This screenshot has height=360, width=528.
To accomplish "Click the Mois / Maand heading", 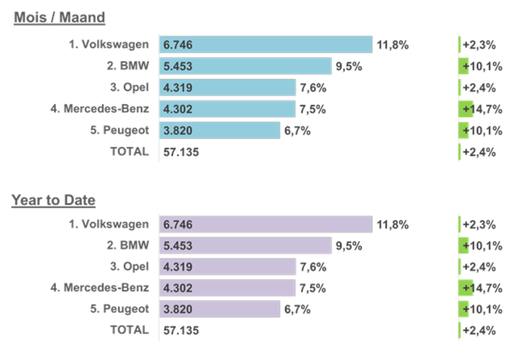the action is tap(59, 18).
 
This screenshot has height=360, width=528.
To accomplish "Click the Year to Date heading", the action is tap(53, 200).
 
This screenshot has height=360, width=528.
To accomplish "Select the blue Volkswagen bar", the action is tap(266, 45).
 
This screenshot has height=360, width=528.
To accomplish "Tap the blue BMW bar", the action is tap(245, 66).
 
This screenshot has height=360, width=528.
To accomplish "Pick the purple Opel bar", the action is tap(228, 267).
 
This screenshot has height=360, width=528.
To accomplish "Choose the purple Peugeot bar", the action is tap(219, 309).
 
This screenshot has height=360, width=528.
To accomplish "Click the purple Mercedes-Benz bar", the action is tap(227, 288).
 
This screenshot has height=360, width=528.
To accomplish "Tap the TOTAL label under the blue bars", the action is tap(130, 151).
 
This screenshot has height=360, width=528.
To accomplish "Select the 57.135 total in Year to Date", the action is tap(181, 331).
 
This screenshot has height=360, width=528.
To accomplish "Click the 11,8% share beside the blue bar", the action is tap(392, 45).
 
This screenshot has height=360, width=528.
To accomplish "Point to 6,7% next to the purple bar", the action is tap(297, 309).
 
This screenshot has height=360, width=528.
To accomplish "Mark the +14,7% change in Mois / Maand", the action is tap(483, 109).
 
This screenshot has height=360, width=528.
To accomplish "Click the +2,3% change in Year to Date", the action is tap(479, 225).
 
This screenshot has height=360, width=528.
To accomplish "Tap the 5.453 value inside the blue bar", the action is tap(178, 66).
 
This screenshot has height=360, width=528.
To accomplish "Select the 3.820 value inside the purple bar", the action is tap(178, 309).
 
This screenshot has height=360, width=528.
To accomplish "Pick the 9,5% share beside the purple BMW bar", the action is tap(349, 246).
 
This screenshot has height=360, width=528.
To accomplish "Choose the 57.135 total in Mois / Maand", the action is tap(181, 152).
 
